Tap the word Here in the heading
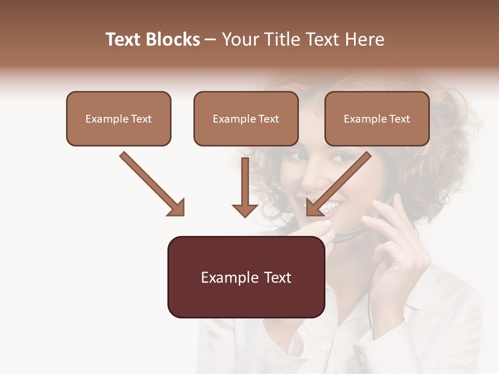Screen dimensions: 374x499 (x=365, y=39)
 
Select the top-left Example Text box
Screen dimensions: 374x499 (x=119, y=118)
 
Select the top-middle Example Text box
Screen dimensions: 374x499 (x=246, y=118)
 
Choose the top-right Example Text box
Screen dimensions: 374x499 (x=377, y=118)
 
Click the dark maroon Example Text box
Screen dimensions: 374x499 (x=246, y=277)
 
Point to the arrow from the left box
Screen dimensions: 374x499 (x=152, y=183)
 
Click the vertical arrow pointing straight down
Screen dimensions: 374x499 (x=245, y=187)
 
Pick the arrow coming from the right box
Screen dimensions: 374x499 (x=339, y=183)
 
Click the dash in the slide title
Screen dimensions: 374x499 (x=211, y=39)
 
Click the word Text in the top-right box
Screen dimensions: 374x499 (x=399, y=119)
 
